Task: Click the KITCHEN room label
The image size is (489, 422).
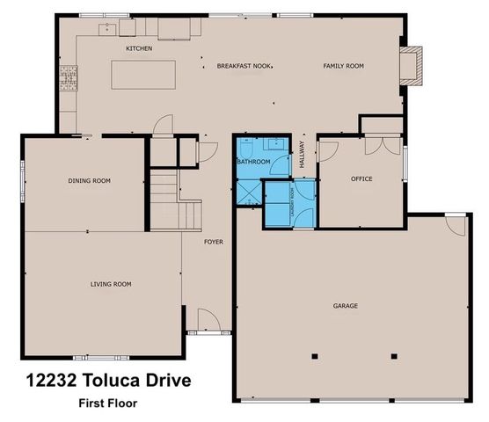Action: (139, 48)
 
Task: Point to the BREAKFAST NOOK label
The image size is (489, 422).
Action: (231, 66)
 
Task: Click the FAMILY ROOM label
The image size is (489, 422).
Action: (343, 66)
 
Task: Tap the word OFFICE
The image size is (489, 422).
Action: (361, 179)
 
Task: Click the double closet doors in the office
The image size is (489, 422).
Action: (378, 145)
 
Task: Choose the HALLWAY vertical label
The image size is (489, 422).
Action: (302, 154)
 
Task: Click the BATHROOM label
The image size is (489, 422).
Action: (253, 163)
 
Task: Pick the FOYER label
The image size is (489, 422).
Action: (214, 240)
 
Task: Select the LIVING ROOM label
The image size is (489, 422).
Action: (111, 284)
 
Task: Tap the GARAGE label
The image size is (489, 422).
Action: (345, 306)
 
